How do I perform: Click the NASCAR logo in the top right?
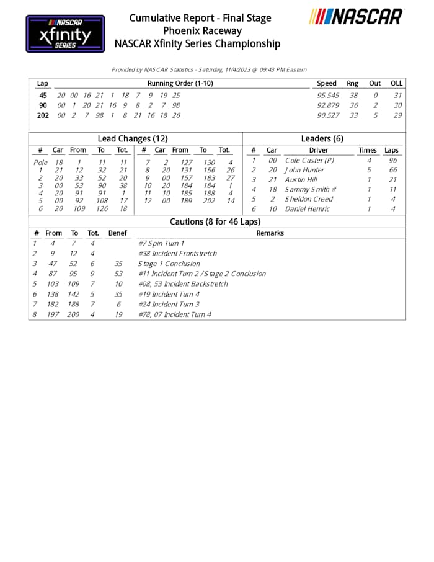pos(356,16)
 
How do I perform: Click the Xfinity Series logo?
pos(65,33)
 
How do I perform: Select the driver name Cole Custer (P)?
pos(309,161)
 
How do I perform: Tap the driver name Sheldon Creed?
pos(309,199)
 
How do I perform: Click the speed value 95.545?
pos(328,96)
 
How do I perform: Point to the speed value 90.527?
pos(328,115)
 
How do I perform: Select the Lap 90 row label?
pos(43,105)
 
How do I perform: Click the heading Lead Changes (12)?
pos(133,139)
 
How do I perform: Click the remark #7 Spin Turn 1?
pos(161,244)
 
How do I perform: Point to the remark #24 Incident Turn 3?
pos(169,305)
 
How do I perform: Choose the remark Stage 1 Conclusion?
pos(169,264)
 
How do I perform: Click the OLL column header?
pos(396,83)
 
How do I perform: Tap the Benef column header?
pos(117,233)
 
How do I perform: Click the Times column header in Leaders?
pos(367,150)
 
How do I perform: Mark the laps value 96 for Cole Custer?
pos(392,161)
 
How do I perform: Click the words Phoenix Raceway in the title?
pos(202,30)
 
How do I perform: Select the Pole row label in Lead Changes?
pos(40,163)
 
